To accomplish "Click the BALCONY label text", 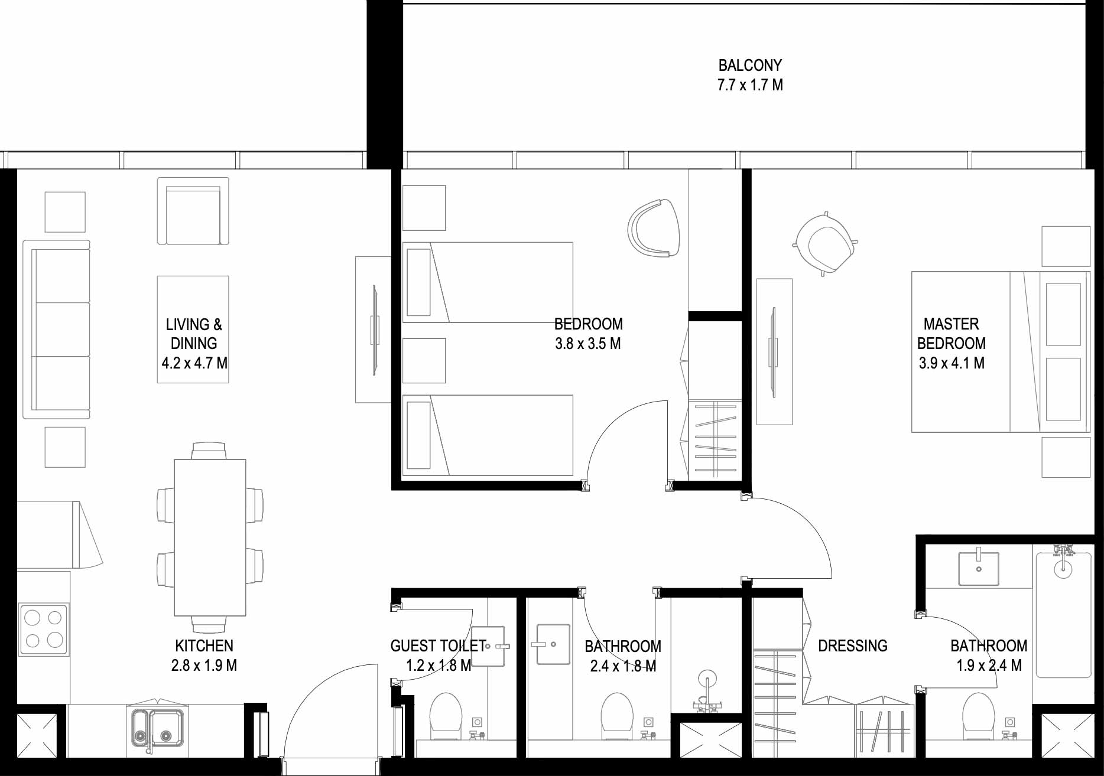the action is pyautogui.click(x=750, y=65).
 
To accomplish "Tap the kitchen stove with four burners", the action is pyautogui.click(x=44, y=630).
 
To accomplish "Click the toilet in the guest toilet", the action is pyautogui.click(x=445, y=716).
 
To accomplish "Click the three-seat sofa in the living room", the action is pyautogui.click(x=57, y=329).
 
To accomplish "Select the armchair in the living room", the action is pyautogui.click(x=193, y=211).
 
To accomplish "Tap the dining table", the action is pyautogui.click(x=210, y=537).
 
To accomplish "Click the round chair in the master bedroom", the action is pyautogui.click(x=825, y=242).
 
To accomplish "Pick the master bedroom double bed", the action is pyautogui.click(x=1001, y=352).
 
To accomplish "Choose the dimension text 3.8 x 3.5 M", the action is pyautogui.click(x=588, y=344).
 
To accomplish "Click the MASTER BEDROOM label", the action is pyautogui.click(x=952, y=334).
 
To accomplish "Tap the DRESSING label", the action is pyautogui.click(x=853, y=645).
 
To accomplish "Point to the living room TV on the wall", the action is pyautogui.click(x=374, y=330).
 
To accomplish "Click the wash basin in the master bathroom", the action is pyautogui.click(x=979, y=569).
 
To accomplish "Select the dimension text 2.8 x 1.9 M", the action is pyautogui.click(x=204, y=666).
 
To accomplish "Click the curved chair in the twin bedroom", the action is pyautogui.click(x=654, y=228).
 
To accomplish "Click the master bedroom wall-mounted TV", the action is pyautogui.click(x=774, y=352).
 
